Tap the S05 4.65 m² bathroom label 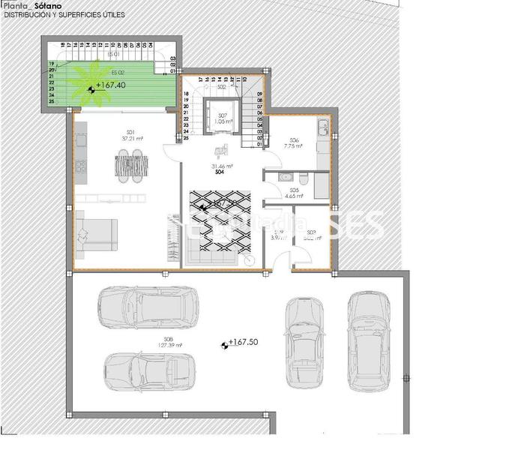294,193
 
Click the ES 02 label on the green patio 118,71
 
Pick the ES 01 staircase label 114,54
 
